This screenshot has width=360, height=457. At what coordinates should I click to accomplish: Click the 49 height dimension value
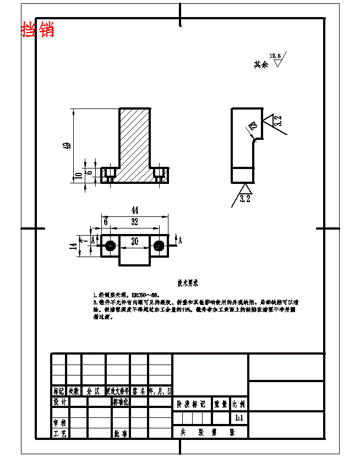click(67, 146)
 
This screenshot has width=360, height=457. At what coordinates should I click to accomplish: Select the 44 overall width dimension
click(134, 210)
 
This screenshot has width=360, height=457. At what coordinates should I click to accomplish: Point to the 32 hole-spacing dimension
click(134, 222)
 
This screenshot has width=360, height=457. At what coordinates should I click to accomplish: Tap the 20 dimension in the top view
click(134, 241)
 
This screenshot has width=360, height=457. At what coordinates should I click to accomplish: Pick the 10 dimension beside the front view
click(78, 176)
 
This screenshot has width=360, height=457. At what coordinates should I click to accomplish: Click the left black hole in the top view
click(110, 245)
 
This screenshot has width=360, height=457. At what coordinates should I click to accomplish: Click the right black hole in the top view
click(160, 245)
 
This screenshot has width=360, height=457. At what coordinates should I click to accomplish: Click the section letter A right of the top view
click(180, 241)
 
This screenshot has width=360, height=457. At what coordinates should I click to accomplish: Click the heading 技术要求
click(188, 282)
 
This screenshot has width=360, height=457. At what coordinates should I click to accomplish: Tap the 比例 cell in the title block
click(239, 404)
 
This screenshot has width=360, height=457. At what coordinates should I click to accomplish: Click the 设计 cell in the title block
click(59, 402)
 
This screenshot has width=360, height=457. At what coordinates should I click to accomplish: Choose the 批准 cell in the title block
click(121, 434)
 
